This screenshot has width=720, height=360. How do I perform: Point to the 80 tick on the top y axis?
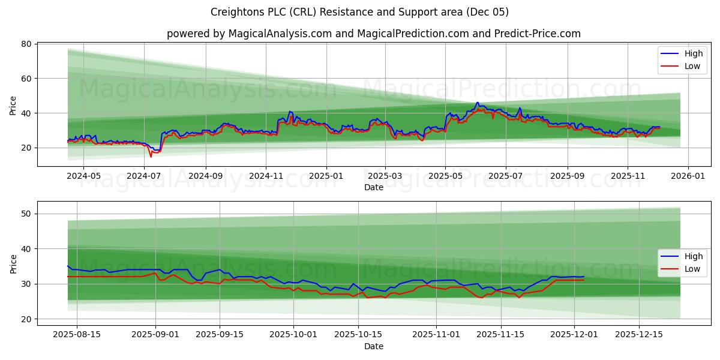point(28,44)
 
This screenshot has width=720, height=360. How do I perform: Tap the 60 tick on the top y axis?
point(28,79)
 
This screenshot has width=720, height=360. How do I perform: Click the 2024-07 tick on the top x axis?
point(144,176)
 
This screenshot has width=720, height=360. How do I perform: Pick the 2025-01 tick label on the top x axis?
point(326,176)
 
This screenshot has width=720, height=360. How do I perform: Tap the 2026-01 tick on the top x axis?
point(688,176)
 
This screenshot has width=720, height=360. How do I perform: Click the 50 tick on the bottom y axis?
point(28,214)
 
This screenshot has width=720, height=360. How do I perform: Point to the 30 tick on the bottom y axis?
point(28,284)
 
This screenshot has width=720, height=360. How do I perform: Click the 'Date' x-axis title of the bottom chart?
point(373,346)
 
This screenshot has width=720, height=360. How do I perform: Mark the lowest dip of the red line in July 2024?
point(151,157)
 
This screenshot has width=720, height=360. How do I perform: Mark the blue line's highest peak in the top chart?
point(478,103)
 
